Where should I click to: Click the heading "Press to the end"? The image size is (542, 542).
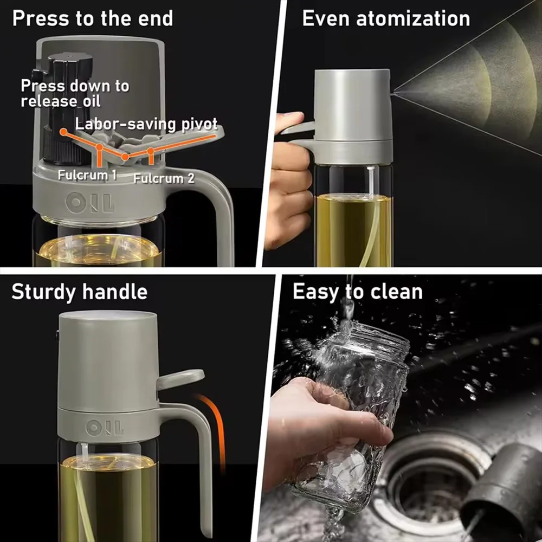tap(93, 18)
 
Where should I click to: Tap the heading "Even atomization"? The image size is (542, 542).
tap(386, 18)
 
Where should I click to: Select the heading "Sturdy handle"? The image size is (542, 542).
tap(80, 292)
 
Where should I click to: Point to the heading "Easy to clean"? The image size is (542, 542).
tap(358, 292)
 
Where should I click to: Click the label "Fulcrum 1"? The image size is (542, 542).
tap(87, 175)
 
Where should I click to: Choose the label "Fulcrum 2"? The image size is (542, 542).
tap(164, 178)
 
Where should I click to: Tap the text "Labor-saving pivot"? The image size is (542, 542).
tap(146, 124)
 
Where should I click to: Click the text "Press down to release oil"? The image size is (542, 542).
tap(75, 93)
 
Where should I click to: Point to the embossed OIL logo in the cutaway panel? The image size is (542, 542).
tap(89, 203)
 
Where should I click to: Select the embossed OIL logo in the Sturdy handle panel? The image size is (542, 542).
tap(105, 428)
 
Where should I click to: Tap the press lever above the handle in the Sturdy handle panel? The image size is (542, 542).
tap(180, 378)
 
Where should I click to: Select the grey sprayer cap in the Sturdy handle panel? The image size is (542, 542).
tap(108, 359)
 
